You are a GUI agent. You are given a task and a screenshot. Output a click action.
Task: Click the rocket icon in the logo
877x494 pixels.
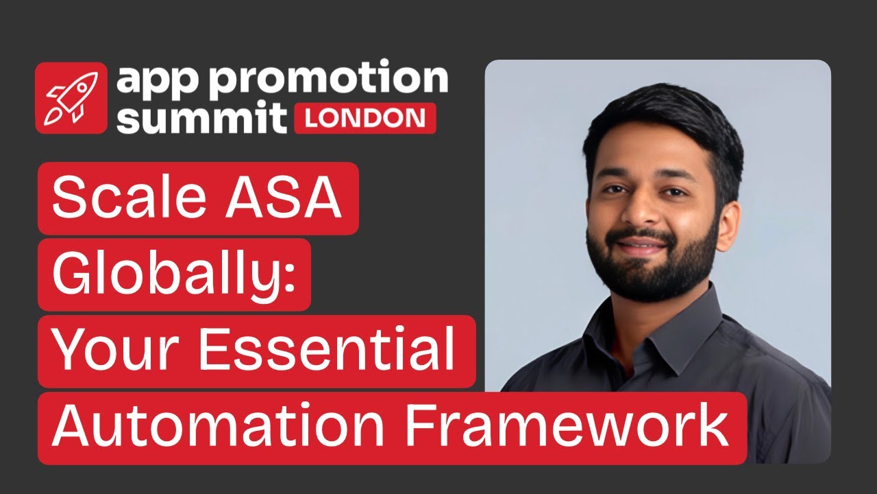click(x=71, y=98)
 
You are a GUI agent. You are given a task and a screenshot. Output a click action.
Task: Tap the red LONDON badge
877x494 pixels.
click(x=365, y=118)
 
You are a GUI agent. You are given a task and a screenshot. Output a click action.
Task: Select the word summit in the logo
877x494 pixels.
click(x=200, y=117)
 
